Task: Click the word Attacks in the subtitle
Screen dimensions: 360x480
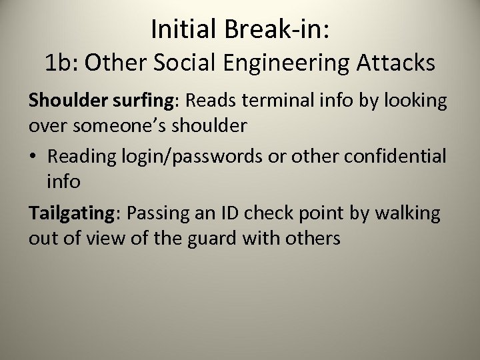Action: coord(397,63)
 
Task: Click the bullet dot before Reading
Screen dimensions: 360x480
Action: coord(34,157)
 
